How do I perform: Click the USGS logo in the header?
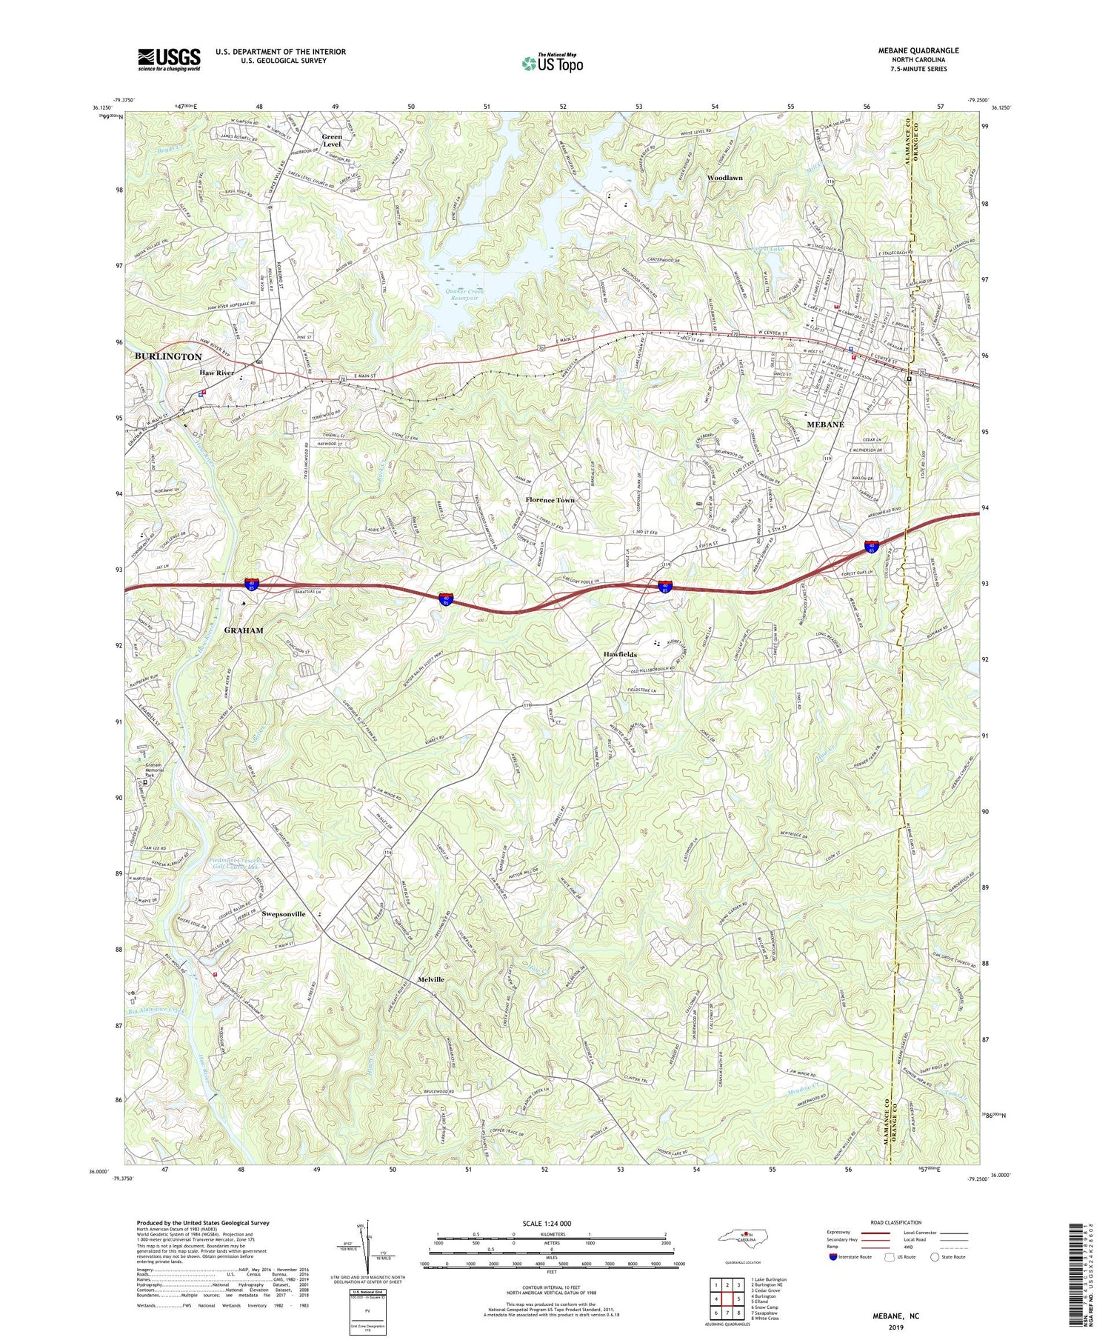[x=169, y=59]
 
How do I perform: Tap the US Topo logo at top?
[x=552, y=64]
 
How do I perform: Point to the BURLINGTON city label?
[x=168, y=356]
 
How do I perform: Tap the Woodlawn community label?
[x=724, y=179]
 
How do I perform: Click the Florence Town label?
[x=550, y=500]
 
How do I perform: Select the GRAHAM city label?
[x=244, y=630]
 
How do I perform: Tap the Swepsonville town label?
[x=284, y=914]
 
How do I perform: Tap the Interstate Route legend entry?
[x=852, y=1257]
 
